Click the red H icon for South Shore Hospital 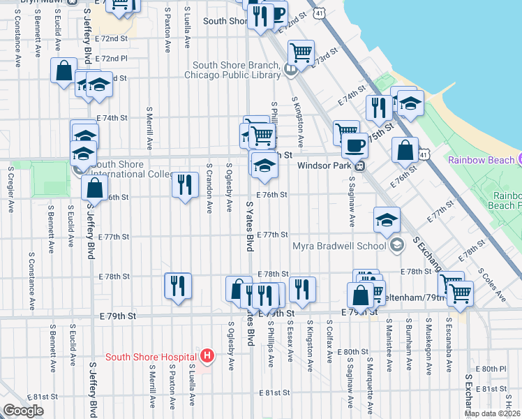coord(207,356)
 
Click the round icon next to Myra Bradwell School coord(396,244)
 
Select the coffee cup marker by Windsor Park coord(355,145)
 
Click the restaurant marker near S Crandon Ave coord(184,184)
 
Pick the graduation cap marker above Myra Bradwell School coord(387,220)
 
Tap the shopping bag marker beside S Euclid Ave coord(64,70)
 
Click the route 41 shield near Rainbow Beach coord(424,152)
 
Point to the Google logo coord(23,411)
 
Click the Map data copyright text coord(492,413)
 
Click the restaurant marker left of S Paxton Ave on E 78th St coord(177,285)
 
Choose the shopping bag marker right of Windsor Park coord(405,149)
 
